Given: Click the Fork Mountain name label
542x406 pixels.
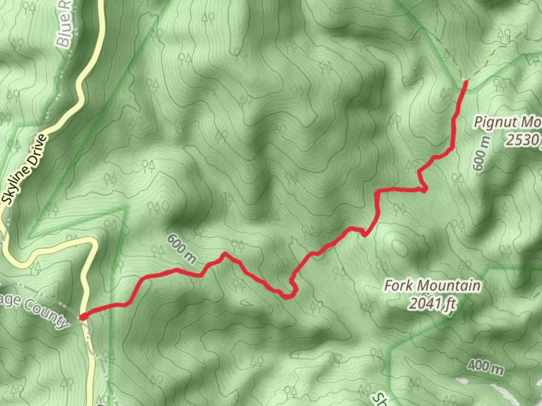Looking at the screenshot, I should pos(432,286).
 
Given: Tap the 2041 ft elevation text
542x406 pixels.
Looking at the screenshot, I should pos(432,303).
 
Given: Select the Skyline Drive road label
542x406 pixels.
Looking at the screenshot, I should pos(26,170).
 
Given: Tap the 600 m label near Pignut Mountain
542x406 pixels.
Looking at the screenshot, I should pos(481,154).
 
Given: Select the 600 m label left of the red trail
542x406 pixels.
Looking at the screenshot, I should pos(181,248).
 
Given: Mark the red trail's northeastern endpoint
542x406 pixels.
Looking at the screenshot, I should pos(466,81).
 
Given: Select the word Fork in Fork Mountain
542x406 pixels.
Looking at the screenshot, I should pos(397,286).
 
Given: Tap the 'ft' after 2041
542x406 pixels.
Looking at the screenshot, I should pos(449,304).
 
